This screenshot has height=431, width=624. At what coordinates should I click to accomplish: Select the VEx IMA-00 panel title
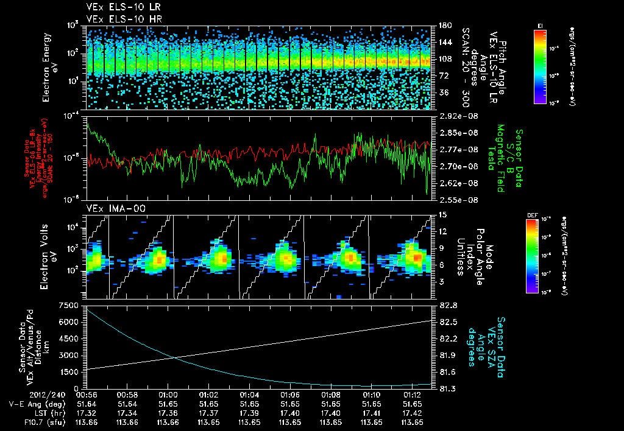coord(111,208)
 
